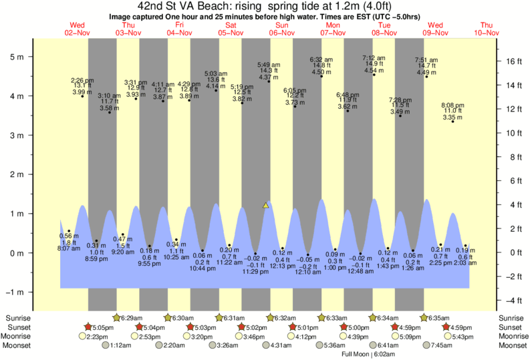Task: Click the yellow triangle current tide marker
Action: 266,205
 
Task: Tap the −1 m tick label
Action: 15,293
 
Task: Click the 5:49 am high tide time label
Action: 269,64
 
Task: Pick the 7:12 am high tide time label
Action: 374,58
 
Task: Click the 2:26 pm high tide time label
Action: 82,80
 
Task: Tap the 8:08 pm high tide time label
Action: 452,105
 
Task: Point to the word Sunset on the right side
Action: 511,327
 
